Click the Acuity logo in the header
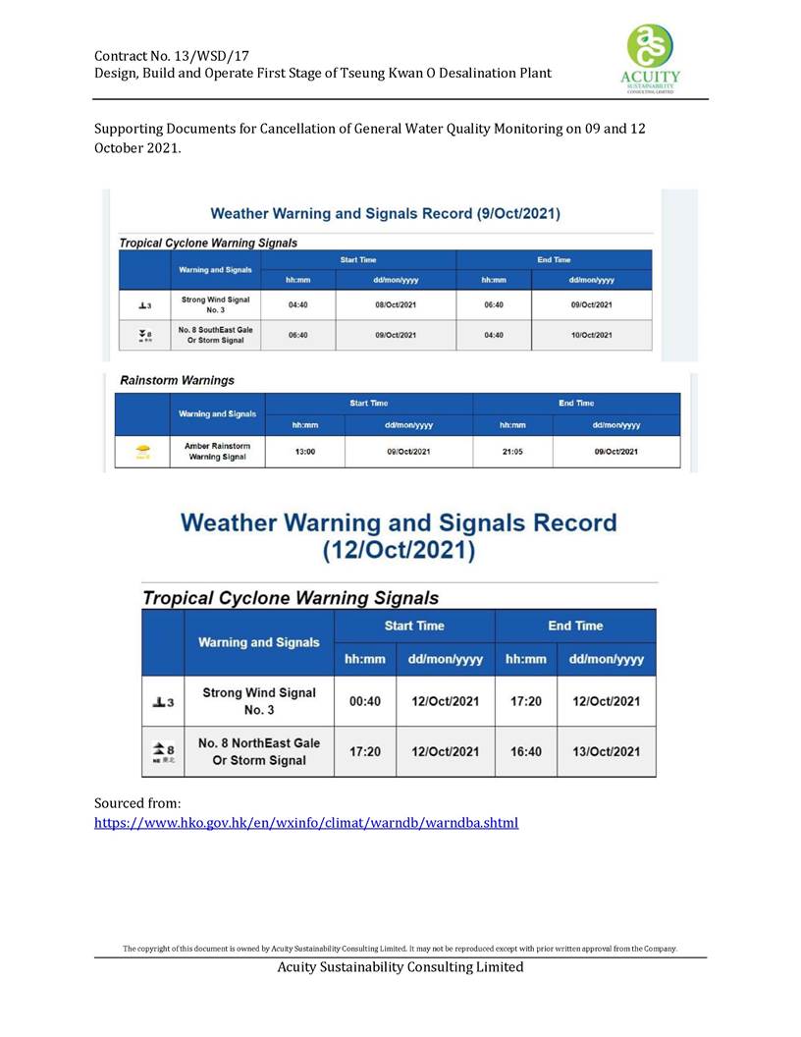pyautogui.click(x=651, y=56)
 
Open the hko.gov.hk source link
pyautogui.click(x=305, y=822)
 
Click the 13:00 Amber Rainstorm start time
pyautogui.click(x=304, y=452)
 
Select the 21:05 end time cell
pyautogui.click(x=512, y=452)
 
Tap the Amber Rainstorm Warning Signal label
pyautogui.click(x=217, y=452)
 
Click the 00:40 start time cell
pyautogui.click(x=365, y=701)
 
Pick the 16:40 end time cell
pyautogui.click(x=526, y=751)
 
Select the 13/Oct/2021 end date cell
pyautogui.click(x=606, y=751)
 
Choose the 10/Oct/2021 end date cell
pyautogui.click(x=590, y=335)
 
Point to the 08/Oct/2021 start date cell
pyautogui.click(x=395, y=304)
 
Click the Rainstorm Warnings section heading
pyautogui.click(x=177, y=380)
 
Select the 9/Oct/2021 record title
pyautogui.click(x=386, y=213)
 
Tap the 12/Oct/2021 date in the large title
pyautogui.click(x=399, y=551)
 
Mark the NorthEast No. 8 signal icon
pyautogui.click(x=163, y=751)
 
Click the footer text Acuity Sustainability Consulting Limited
pyautogui.click(x=400, y=967)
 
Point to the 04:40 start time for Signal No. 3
pyautogui.click(x=298, y=304)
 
